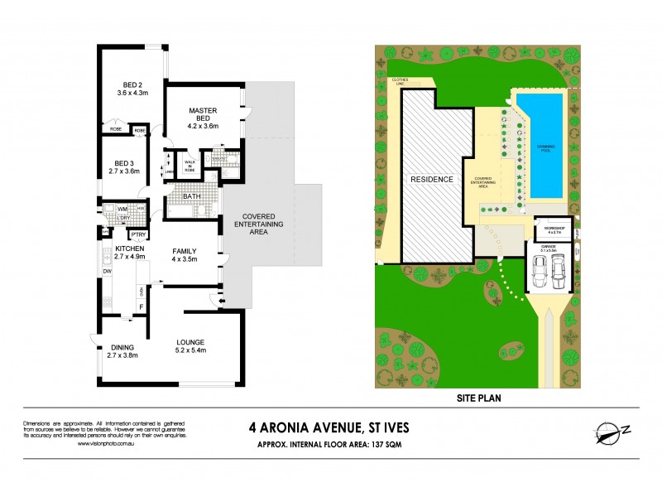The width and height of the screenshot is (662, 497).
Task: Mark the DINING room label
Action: pyautogui.click(x=122, y=350)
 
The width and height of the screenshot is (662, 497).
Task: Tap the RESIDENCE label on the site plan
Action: pyautogui.click(x=431, y=179)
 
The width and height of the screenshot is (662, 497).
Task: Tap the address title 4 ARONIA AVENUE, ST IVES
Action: pyautogui.click(x=329, y=428)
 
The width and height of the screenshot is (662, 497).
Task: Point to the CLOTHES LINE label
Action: pyautogui.click(x=402, y=82)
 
